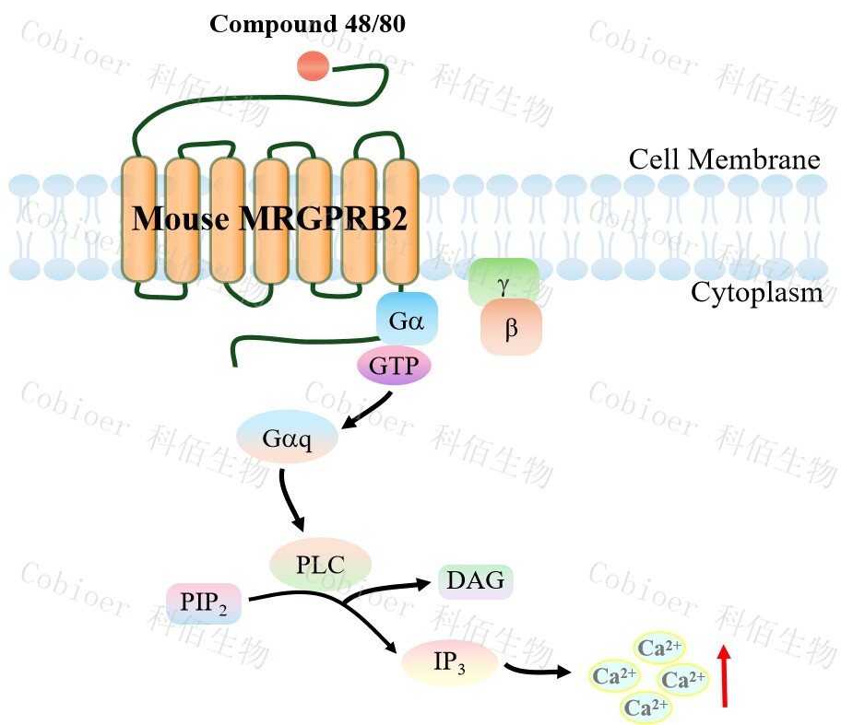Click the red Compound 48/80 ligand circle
coord(313,65)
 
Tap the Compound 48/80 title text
coord(307,24)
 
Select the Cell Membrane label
coord(724,159)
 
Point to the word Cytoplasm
coord(756,293)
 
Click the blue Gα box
coord(407,319)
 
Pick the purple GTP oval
coord(394,367)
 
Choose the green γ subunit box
coord(504,281)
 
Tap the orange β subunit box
coord(511,326)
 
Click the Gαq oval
coord(288,438)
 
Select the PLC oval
coord(320,564)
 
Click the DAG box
coord(475,580)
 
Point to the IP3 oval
coord(449,662)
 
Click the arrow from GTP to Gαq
coord(369,411)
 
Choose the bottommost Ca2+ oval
coord(646,707)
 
